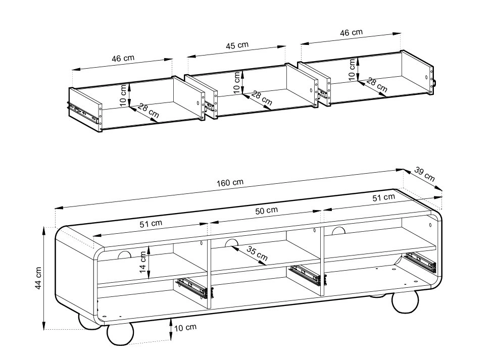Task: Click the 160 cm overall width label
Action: click(230, 182)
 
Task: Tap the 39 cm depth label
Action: click(425, 175)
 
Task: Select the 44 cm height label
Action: click(38, 278)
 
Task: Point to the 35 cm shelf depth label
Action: click(257, 253)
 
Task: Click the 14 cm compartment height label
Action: click(142, 262)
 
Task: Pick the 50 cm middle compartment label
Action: click(267, 211)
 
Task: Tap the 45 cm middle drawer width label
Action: click(237, 45)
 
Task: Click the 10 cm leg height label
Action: click(185, 328)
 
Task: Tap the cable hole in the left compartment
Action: click(124, 255)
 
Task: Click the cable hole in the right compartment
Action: click(338, 231)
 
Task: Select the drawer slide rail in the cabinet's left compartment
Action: click(192, 287)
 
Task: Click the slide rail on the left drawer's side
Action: click(83, 112)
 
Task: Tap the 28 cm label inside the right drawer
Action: click(377, 85)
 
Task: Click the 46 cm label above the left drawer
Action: click(123, 59)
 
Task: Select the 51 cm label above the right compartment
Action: click(383, 198)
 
